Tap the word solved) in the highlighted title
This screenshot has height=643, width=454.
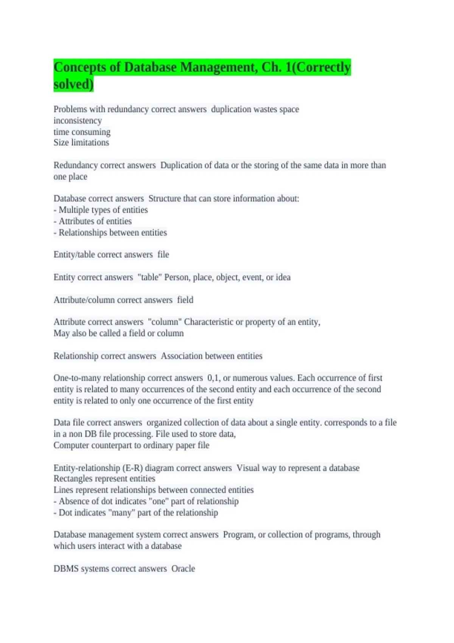pos(73,84)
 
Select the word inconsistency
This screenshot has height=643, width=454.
pos(78,121)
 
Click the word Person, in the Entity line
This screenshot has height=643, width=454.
pos(177,277)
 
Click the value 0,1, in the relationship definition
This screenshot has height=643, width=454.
pos(214,378)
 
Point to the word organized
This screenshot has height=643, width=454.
pos(165,422)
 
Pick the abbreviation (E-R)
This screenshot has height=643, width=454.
pos(132,468)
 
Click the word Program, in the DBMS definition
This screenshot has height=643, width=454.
pos(239,535)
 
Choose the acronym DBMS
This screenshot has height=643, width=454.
pos(66,568)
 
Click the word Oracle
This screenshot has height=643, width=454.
pos(183,568)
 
